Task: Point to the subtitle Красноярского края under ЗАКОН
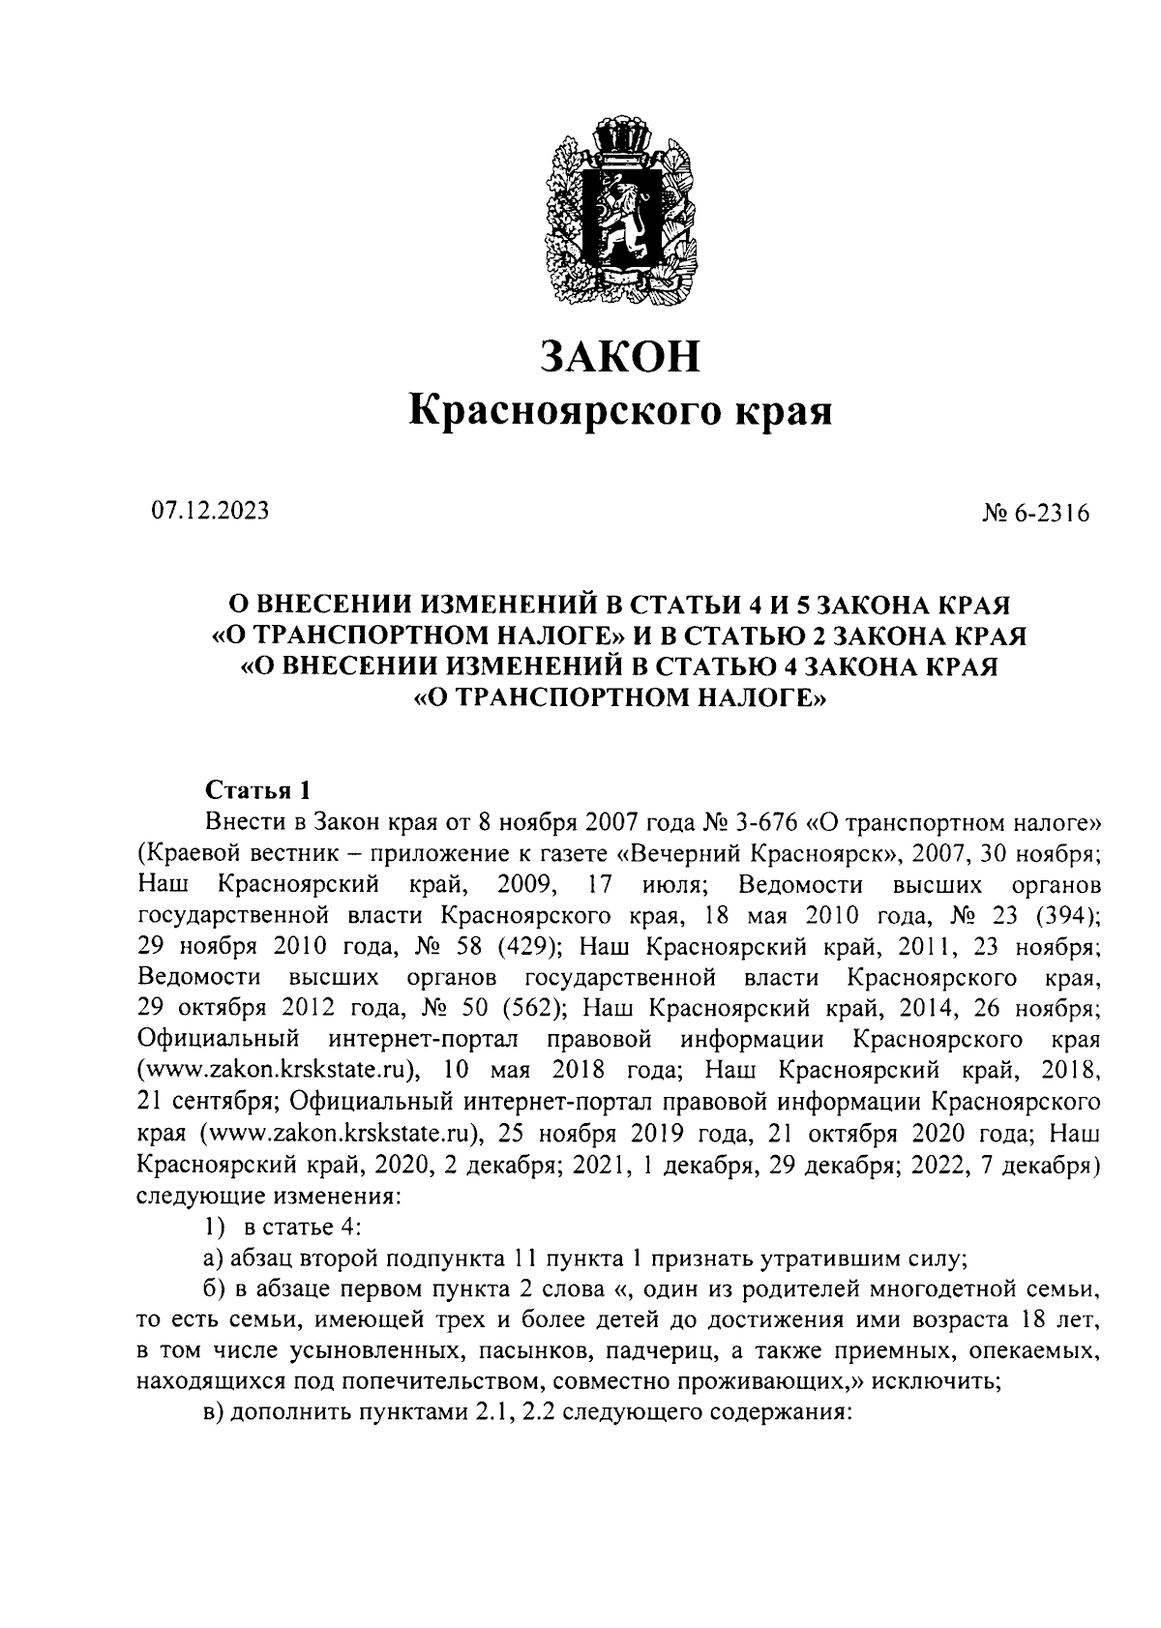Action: (619, 411)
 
